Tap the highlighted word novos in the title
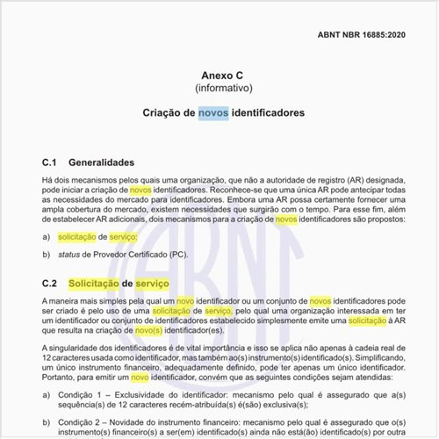point(215,113)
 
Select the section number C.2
point(52,284)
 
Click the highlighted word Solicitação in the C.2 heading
point(94,284)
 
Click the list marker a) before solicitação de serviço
point(46,238)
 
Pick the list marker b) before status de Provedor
point(46,255)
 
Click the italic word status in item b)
point(70,255)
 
